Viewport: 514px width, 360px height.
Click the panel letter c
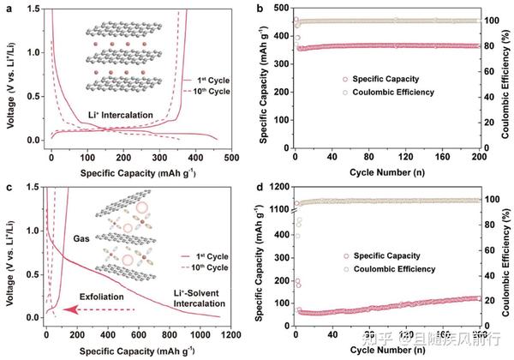(x=6, y=186)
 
